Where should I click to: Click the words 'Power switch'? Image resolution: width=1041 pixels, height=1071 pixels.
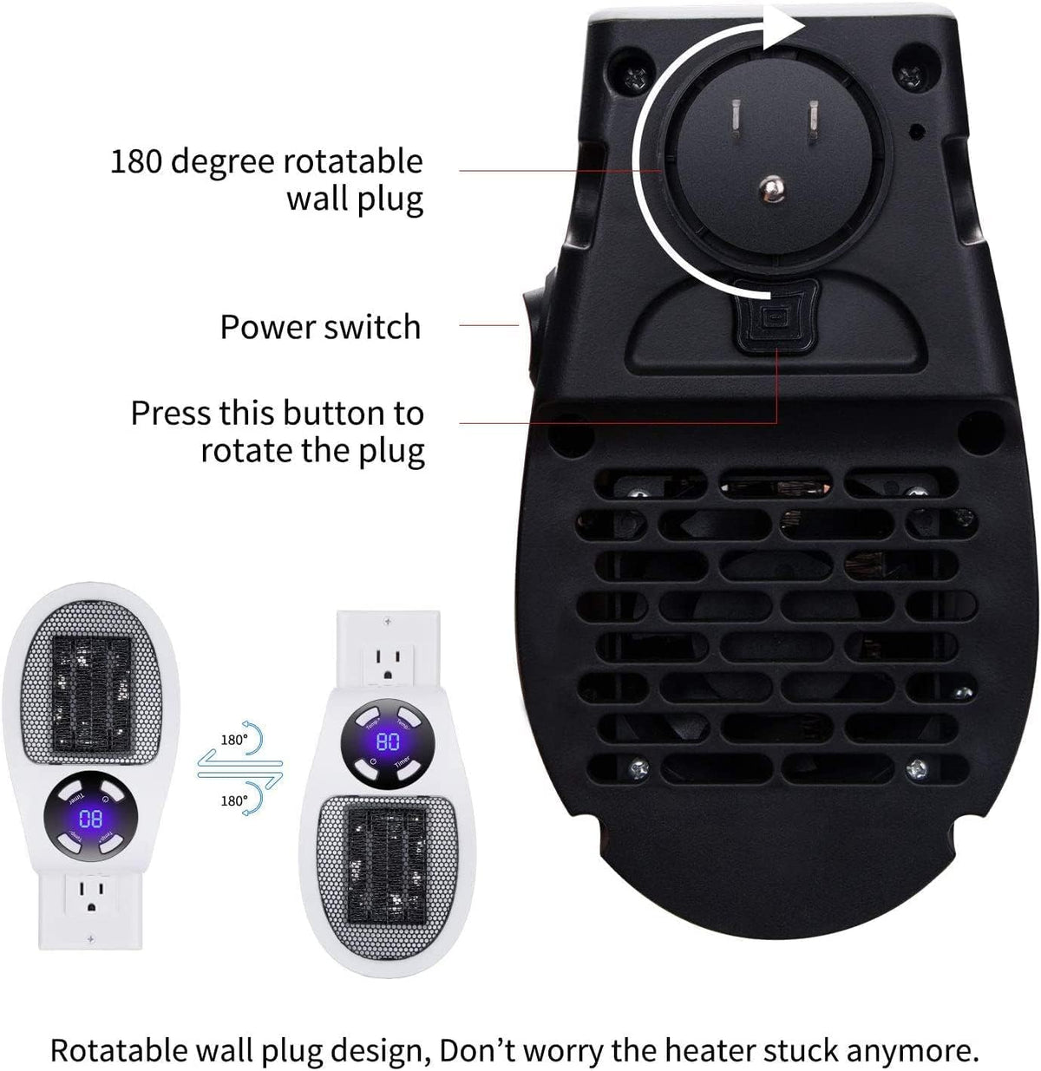pyautogui.click(x=320, y=327)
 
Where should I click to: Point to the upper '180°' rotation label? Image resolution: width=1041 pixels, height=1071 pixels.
pyautogui.click(x=234, y=740)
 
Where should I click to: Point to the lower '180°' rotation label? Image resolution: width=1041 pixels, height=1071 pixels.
pyautogui.click(x=234, y=800)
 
